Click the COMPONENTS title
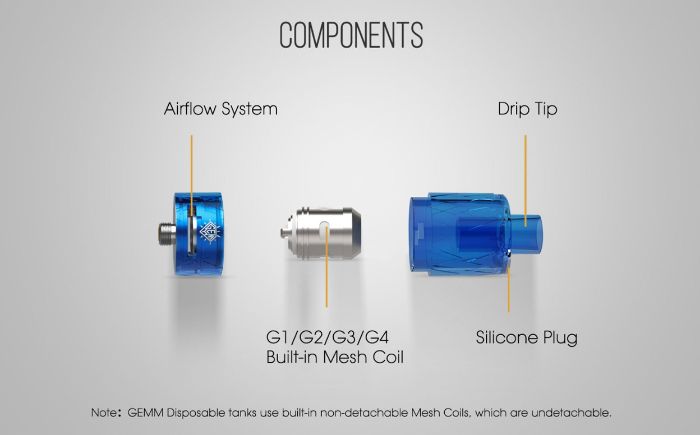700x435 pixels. pyautogui.click(x=351, y=35)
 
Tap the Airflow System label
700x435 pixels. pyautogui.click(x=220, y=109)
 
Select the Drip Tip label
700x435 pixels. pyautogui.click(x=527, y=109)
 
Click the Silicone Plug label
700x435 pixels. pyautogui.click(x=526, y=338)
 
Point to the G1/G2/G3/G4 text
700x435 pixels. pyautogui.click(x=328, y=338)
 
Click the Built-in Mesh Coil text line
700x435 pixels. pyautogui.click(x=335, y=357)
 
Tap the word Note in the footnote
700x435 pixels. pyautogui.click(x=104, y=413)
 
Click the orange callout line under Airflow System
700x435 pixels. pyautogui.click(x=192, y=168)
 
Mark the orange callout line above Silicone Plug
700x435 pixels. pyautogui.click(x=509, y=291)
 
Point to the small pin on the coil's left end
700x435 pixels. pyautogui.click(x=282, y=232)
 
